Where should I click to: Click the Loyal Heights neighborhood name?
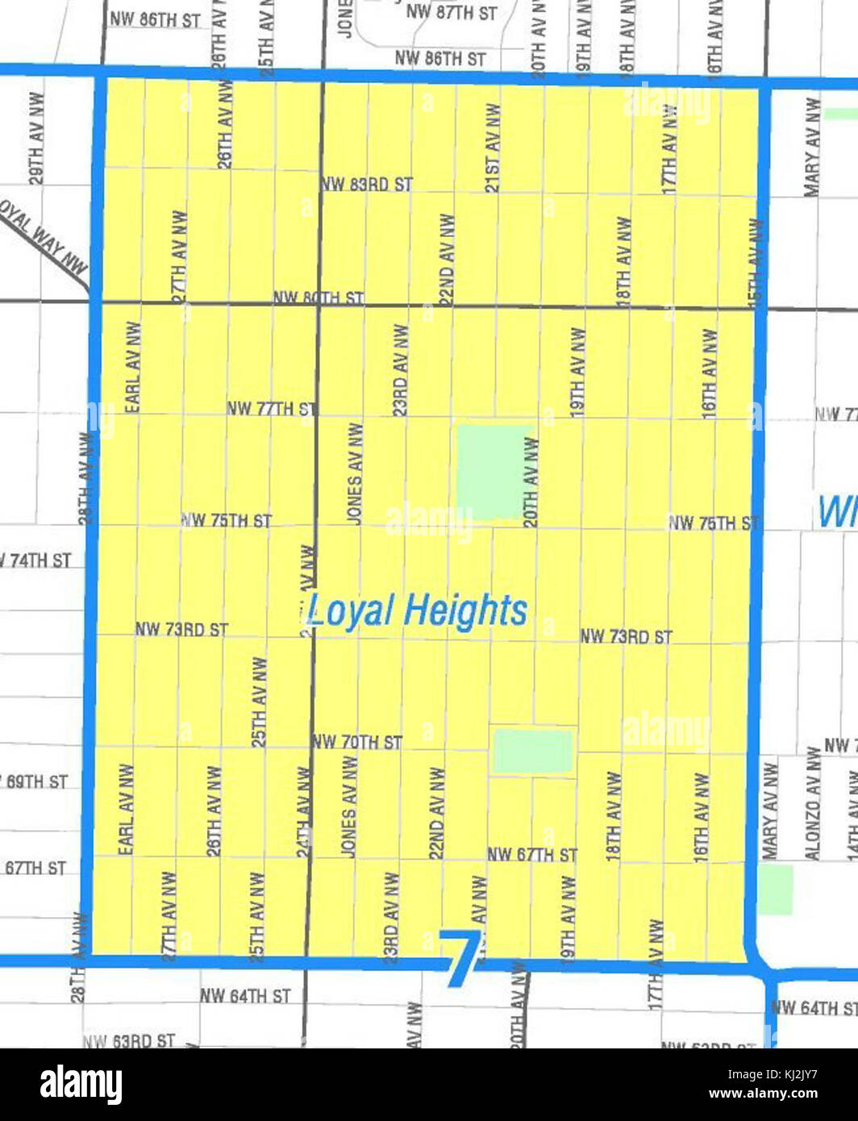[x=417, y=611]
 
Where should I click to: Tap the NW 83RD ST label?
[x=367, y=185]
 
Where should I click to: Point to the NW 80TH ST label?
[x=319, y=298]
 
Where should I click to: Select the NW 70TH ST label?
[x=357, y=742]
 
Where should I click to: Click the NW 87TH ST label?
[x=452, y=12]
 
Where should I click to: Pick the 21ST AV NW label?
[x=493, y=148]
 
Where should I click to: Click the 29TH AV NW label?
[x=36, y=138]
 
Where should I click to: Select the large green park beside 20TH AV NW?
[x=494, y=472]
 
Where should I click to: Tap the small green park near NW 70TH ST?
[x=533, y=751]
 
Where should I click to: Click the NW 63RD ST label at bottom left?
[x=129, y=1040]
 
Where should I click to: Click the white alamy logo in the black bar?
[x=81, y=1085]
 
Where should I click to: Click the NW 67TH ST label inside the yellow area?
[x=532, y=855]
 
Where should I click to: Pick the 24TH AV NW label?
[x=303, y=811]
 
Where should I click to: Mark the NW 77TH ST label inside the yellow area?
[x=270, y=409]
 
